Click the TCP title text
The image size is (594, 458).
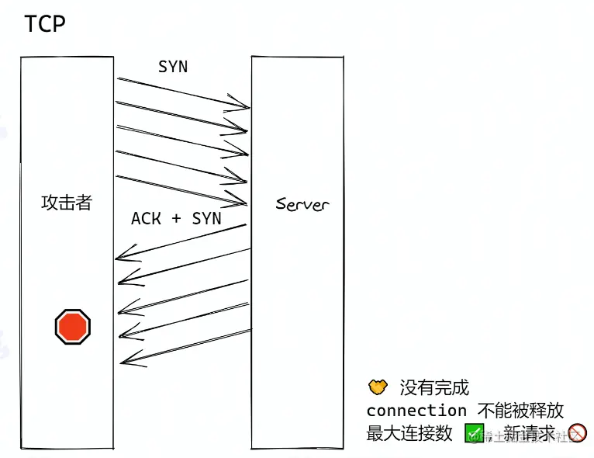[44, 24]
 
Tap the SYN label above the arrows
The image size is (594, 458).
[172, 67]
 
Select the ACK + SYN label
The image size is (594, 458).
[176, 219]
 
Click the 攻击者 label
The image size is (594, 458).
[67, 203]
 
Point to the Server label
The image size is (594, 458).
[302, 205]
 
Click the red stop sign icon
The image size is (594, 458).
[73, 326]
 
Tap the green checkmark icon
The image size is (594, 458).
[474, 433]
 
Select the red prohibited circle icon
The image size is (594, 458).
[577, 433]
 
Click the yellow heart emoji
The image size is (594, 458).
[377, 386]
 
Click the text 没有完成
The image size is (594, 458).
[434, 387]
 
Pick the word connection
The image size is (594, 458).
[416, 410]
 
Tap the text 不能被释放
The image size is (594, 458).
[520, 410]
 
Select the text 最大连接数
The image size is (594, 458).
[409, 433]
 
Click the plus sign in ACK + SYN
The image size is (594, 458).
[176, 219]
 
